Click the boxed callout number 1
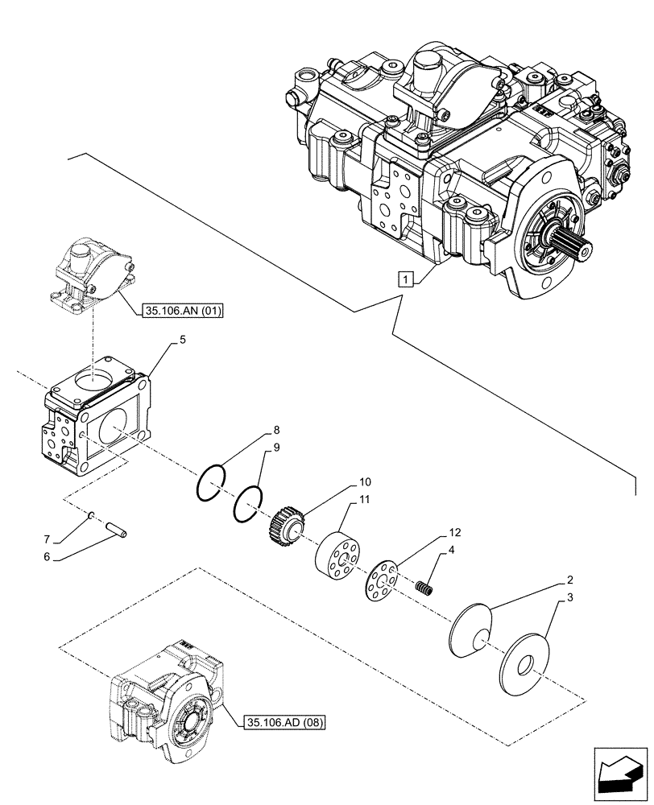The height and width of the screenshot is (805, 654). pos(407,280)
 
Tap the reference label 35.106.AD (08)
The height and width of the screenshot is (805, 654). pos(282,723)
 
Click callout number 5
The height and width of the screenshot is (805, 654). pos(183,341)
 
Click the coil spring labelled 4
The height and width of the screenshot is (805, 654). pos(424,589)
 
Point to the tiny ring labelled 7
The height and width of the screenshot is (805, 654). pos(93,515)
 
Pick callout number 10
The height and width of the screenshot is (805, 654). pos(365,481)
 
